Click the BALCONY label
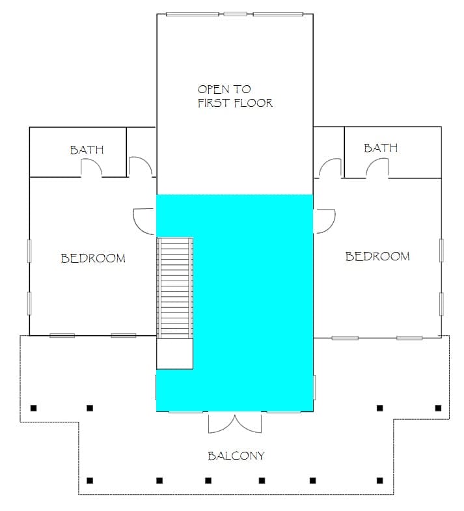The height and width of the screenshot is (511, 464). pos(236,456)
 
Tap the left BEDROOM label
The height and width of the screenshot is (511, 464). pos(93,258)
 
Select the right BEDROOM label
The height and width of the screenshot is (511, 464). pos(377,256)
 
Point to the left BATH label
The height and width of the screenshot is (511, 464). pos(87,150)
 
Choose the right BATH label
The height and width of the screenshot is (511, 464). pos(381,148)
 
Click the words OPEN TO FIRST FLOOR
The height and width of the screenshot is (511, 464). pos(235,96)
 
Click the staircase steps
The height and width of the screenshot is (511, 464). pos(175,288)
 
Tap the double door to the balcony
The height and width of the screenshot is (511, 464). pos(235,422)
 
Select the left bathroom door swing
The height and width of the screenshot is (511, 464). pos(92,167)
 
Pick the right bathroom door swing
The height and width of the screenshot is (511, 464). pos(377,168)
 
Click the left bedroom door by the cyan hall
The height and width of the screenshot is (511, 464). pos(144,221)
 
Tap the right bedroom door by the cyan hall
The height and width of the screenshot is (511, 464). pos(325,221)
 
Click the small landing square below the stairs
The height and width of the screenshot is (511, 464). pos(174,353)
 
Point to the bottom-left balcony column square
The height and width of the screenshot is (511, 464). pos(90,480)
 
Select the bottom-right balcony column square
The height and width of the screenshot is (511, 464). pos(379,480)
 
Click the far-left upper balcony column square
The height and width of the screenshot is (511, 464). pos(34,408)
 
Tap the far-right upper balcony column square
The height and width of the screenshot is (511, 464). pos(438,408)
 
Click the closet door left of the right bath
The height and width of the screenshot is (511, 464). pos(330,169)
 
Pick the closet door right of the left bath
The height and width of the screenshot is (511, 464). pos(141,167)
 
